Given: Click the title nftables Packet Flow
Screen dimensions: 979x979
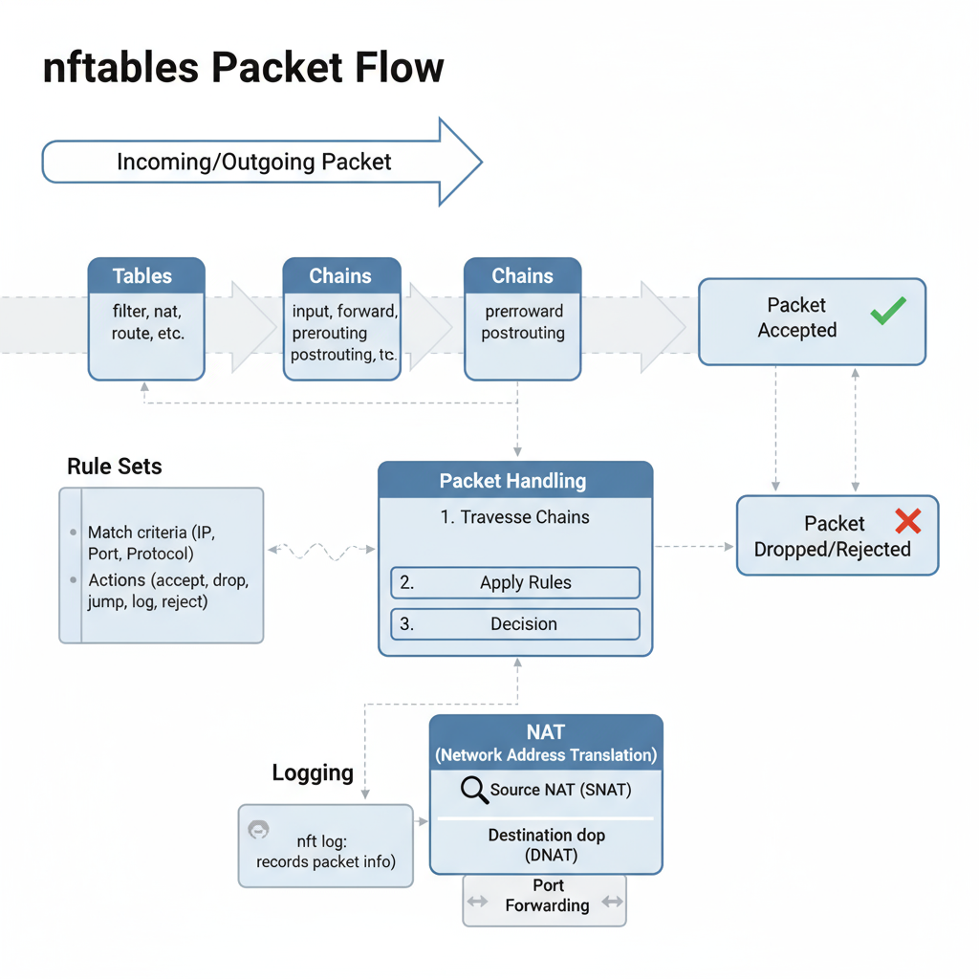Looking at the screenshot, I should (244, 69).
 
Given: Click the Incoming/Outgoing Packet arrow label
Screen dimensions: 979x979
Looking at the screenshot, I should (253, 162).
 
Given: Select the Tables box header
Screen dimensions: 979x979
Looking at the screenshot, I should (145, 276).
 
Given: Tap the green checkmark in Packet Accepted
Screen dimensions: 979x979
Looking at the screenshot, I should (888, 312).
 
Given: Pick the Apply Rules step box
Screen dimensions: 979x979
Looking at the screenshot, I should (515, 582).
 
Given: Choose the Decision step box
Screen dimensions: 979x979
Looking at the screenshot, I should (515, 624).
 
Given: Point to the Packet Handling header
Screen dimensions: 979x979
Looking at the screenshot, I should (515, 481).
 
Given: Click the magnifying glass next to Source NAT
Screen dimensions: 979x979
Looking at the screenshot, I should (474, 791).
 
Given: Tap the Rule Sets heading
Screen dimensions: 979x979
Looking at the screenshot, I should (115, 467).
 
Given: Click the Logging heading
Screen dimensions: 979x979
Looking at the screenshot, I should (313, 772).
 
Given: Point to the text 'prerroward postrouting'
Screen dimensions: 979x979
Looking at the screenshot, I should (523, 322).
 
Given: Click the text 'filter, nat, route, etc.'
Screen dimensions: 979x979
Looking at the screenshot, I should (146, 322).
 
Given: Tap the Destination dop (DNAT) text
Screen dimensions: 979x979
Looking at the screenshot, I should (546, 844).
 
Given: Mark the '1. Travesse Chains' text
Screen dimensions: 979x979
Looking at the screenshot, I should (515, 517).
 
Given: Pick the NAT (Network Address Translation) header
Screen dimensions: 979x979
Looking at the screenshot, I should (546, 743).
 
